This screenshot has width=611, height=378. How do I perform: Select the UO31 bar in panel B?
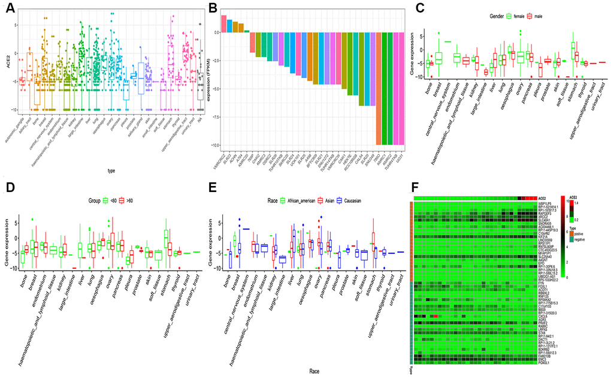[398, 90]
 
